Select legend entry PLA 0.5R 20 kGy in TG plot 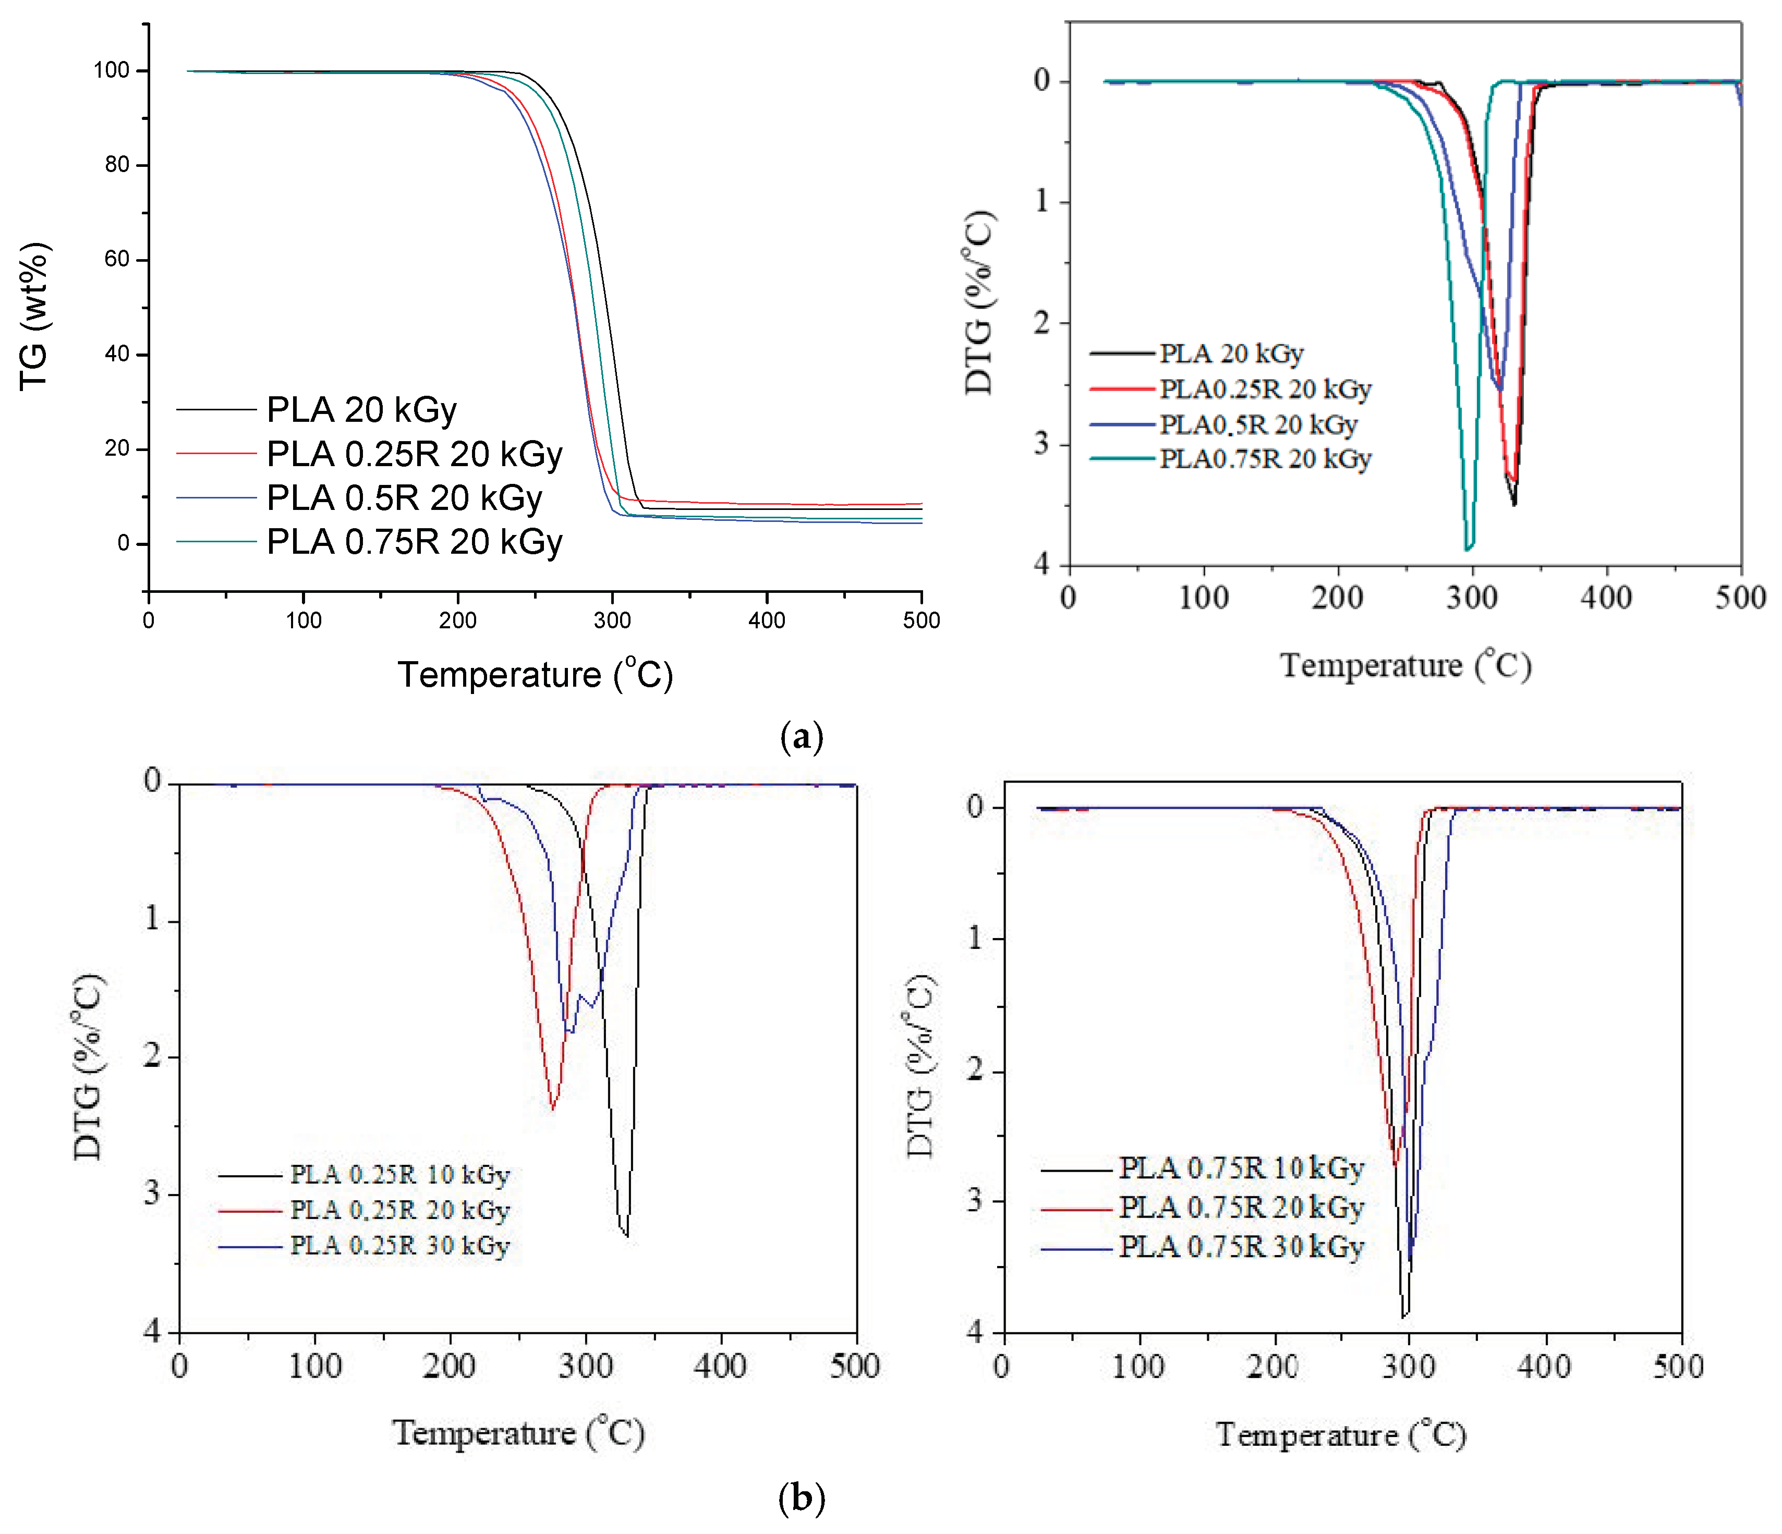click(404, 498)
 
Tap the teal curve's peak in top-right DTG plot click(1468, 547)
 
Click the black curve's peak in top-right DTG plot click(1513, 504)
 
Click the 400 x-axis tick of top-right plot click(1606, 596)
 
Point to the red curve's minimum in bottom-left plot click(553, 1109)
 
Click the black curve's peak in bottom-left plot click(627, 1236)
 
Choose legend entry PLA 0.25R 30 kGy click(399, 1245)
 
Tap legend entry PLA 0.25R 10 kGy click(399, 1175)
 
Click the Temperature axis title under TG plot click(535, 675)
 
